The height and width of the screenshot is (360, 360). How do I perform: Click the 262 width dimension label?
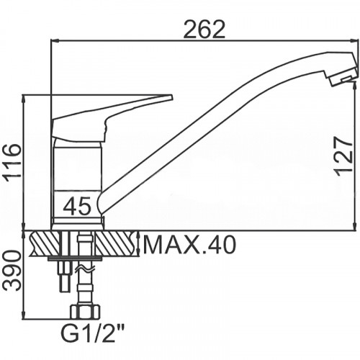tap(204, 30)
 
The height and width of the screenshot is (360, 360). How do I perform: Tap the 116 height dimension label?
tap(12, 161)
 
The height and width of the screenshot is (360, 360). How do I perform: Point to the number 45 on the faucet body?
tap(77, 205)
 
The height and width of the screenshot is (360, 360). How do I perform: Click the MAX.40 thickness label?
tap(189, 245)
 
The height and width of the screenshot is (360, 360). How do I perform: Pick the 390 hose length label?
tap(12, 271)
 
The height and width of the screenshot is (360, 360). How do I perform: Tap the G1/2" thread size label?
tap(92, 333)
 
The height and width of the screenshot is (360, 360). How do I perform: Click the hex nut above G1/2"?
tap(85, 312)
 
